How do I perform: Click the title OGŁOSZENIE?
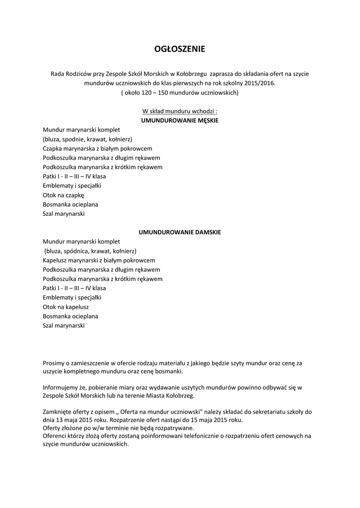click(x=180, y=49)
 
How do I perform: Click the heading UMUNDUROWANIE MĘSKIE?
click(x=180, y=121)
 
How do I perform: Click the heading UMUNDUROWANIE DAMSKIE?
click(x=180, y=232)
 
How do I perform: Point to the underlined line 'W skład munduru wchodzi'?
click(x=180, y=111)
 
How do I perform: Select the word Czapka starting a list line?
click(x=53, y=148)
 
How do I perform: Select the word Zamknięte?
click(x=57, y=411)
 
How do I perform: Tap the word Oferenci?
click(x=56, y=436)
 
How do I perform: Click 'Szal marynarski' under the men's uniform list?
click(x=64, y=214)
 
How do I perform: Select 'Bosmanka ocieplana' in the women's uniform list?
click(x=71, y=317)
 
